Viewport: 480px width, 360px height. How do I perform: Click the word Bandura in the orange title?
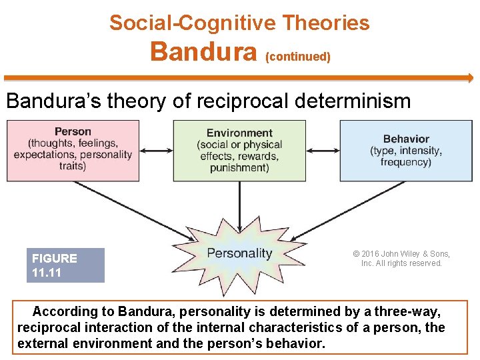pyautogui.click(x=204, y=51)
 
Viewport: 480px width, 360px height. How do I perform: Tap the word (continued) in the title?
pyautogui.click(x=298, y=57)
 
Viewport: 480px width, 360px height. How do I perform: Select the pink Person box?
pyautogui.click(x=73, y=150)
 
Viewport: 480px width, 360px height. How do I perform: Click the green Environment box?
pyautogui.click(x=239, y=150)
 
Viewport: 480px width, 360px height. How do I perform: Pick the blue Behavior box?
pyautogui.click(x=406, y=150)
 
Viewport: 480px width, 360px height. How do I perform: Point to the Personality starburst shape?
pyautogui.click(x=240, y=253)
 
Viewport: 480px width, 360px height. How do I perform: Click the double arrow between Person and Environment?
pyautogui.click(x=157, y=151)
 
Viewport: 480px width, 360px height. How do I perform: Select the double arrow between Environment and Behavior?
pyautogui.click(x=323, y=151)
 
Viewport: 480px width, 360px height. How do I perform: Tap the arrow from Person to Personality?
pyautogui.click(x=133, y=211)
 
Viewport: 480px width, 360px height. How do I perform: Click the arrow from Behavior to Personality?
pyautogui.click(x=347, y=211)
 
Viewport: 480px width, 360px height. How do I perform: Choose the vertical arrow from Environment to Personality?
pyautogui.click(x=239, y=200)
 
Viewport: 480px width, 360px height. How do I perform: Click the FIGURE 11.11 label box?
pyautogui.click(x=65, y=265)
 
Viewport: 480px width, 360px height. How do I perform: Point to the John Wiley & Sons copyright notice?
pyautogui.click(x=401, y=259)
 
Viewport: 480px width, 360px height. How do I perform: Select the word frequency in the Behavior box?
pyautogui.click(x=406, y=162)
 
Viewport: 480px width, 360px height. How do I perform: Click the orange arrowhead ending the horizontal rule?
pyautogui.click(x=469, y=78)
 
